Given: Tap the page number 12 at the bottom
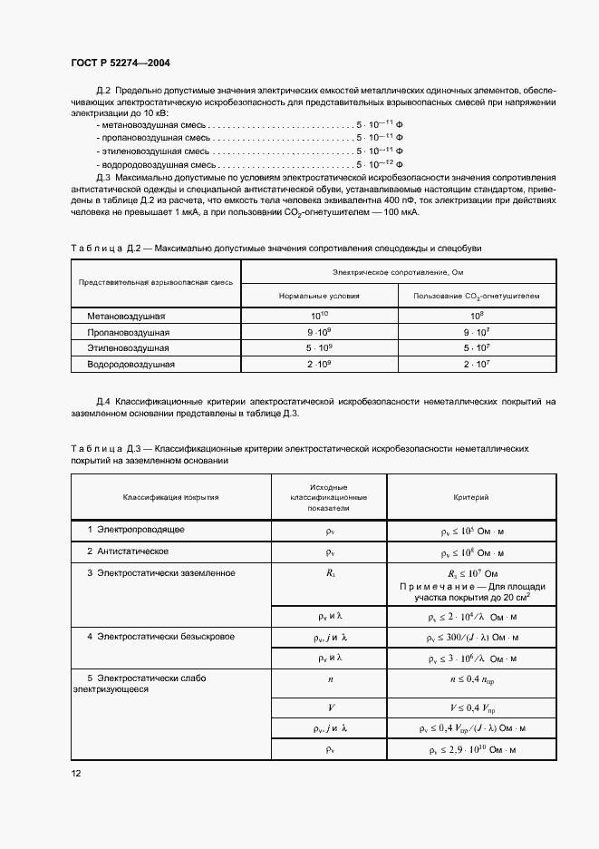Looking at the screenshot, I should click(76, 773).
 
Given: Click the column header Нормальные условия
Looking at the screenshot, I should click(320, 296).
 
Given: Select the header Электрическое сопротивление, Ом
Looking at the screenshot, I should click(399, 271).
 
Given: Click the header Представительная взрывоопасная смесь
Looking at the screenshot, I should click(157, 282).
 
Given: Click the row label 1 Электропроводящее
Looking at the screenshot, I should click(137, 529).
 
